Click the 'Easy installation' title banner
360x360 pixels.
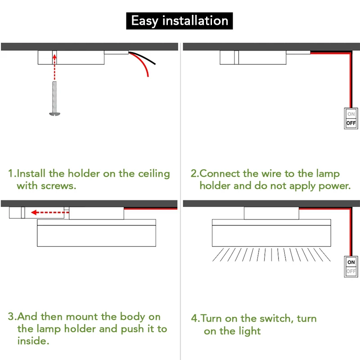(180, 21)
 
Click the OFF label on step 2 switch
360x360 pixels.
(351, 123)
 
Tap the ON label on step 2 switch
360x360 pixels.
(351, 114)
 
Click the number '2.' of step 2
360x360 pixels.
(194, 174)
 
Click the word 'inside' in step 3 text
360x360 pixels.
(32, 341)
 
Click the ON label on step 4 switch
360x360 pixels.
(351, 262)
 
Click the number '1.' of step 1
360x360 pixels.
(12, 174)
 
